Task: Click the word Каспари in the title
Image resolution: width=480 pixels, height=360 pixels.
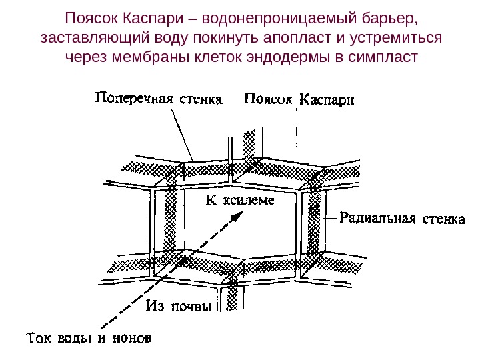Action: (x=149, y=16)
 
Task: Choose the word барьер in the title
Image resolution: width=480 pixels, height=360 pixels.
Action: (x=382, y=16)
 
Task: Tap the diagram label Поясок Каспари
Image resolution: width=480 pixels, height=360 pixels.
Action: (x=298, y=100)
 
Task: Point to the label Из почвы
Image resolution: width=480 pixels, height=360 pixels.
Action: (x=178, y=307)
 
